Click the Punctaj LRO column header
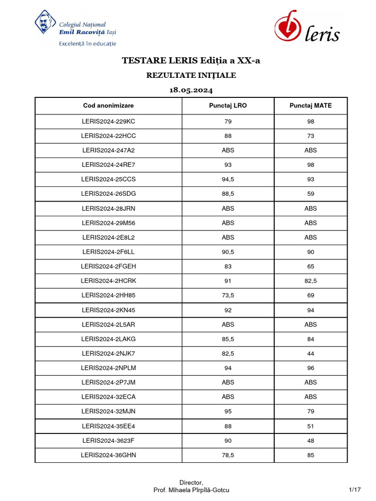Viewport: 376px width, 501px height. pyautogui.click(x=228, y=106)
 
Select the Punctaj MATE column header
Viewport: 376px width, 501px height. pyautogui.click(x=310, y=106)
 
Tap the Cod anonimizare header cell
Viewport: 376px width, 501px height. pyautogui.click(x=108, y=106)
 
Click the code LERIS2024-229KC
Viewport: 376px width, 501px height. pyautogui.click(x=108, y=121)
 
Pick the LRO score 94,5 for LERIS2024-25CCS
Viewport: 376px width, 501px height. pyautogui.click(x=228, y=179)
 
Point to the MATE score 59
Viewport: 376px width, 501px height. pyautogui.click(x=310, y=194)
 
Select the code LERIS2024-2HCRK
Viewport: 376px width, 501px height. pyautogui.click(x=108, y=281)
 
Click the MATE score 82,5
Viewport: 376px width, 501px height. pyautogui.click(x=310, y=281)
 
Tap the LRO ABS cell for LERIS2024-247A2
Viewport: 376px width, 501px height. pyautogui.click(x=228, y=150)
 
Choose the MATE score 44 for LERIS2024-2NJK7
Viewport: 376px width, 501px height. pyautogui.click(x=310, y=353)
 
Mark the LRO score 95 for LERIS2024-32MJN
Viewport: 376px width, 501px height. pyautogui.click(x=228, y=411)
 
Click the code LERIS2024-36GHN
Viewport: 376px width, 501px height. pyautogui.click(x=108, y=455)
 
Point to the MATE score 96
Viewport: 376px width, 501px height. pyautogui.click(x=310, y=368)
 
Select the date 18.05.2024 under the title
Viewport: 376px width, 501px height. pyautogui.click(x=191, y=91)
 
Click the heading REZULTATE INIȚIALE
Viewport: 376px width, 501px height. pyautogui.click(x=191, y=75)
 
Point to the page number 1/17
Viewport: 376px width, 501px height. pyautogui.click(x=354, y=490)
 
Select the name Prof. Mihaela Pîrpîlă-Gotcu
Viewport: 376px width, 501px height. pyautogui.click(x=191, y=490)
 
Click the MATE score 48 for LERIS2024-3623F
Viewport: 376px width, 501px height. pyautogui.click(x=310, y=440)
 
